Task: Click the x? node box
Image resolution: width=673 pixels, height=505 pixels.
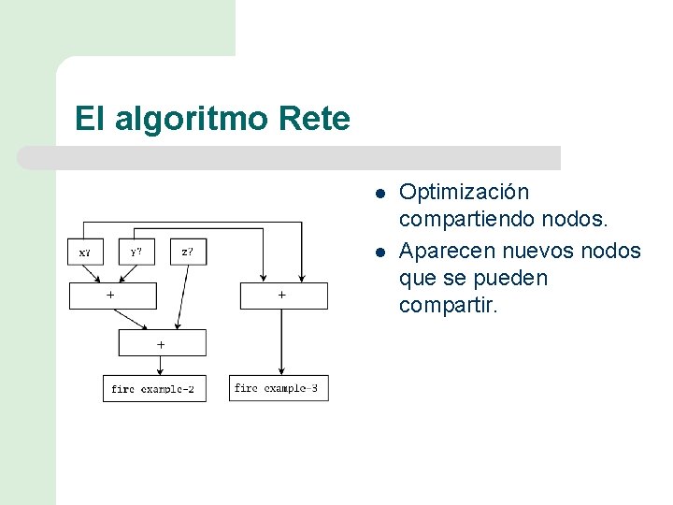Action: pos(85,252)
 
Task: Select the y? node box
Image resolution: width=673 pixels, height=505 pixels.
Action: pos(136,252)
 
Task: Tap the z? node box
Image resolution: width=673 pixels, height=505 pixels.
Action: pos(188,252)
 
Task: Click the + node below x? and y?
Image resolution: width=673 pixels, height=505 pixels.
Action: pos(112,295)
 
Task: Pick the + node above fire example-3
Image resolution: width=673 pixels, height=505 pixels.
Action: pos(284,295)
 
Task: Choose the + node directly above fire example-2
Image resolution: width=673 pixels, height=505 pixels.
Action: pos(162,343)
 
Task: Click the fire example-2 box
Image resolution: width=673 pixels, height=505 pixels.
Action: pos(153,388)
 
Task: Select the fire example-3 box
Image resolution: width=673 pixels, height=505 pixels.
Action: pos(279,387)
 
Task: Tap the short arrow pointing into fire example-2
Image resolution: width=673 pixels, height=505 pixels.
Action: pos(161,366)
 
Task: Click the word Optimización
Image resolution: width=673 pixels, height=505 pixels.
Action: pos(464,193)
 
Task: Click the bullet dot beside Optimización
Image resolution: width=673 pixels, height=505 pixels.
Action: pos(380,194)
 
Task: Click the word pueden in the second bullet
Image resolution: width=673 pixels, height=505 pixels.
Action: pos(515,279)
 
